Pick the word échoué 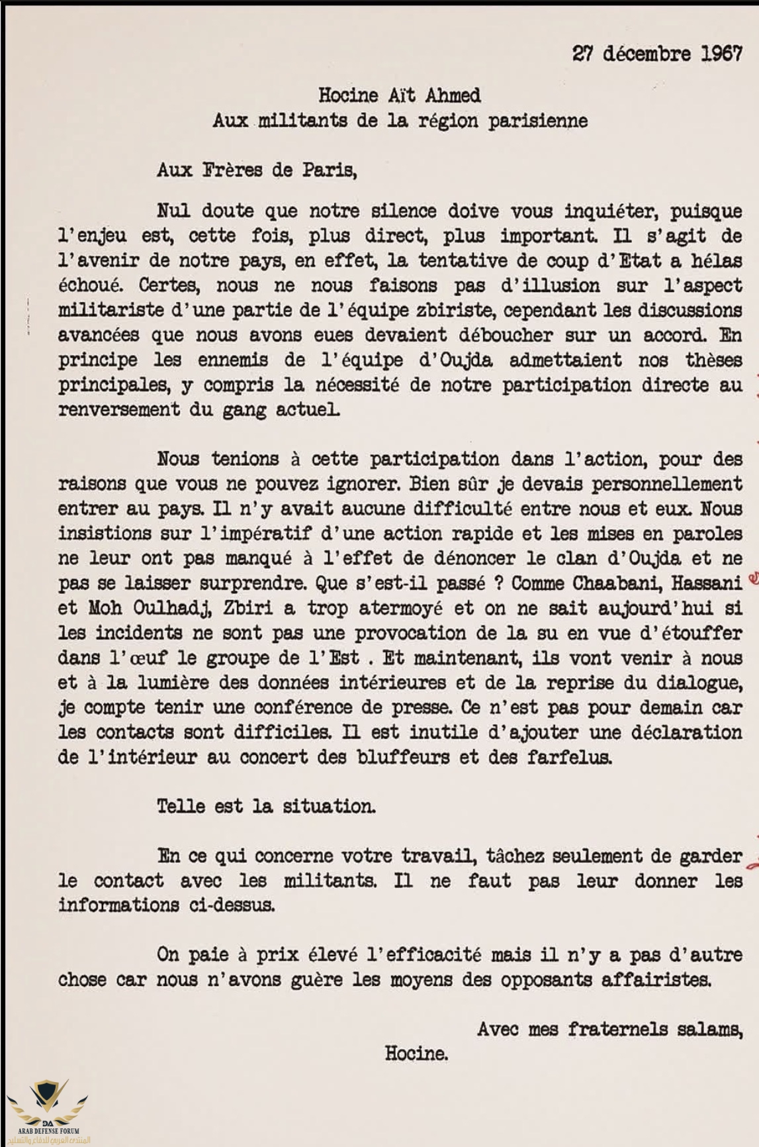pyautogui.click(x=91, y=285)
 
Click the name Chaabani pyautogui.click(x=582, y=583)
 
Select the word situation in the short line pyautogui.click(x=329, y=807)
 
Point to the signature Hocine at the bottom pyautogui.click(x=416, y=1054)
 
